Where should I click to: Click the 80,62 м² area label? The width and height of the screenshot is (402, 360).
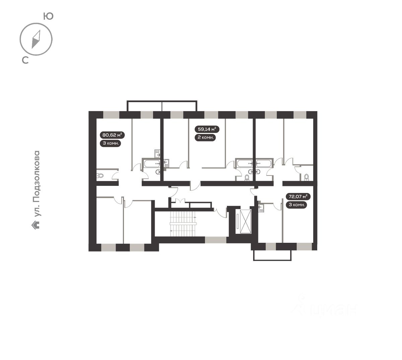[x=112, y=135]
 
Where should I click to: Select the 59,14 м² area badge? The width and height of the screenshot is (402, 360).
[x=207, y=129]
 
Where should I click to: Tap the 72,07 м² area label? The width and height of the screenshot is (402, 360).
[x=298, y=197]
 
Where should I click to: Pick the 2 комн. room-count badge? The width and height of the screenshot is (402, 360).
[x=205, y=137]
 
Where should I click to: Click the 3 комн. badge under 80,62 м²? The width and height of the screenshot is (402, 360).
[x=111, y=143]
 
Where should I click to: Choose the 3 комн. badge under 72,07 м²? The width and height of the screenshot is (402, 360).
[x=296, y=205]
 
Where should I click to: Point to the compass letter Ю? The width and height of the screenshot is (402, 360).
[x=49, y=16]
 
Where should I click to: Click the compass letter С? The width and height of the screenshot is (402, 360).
[x=25, y=60]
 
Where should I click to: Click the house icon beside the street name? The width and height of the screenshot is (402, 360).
[x=36, y=225]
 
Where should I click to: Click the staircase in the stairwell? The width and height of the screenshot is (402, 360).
[x=183, y=224]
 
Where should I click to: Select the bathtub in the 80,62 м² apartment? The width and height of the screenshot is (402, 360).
[x=152, y=164]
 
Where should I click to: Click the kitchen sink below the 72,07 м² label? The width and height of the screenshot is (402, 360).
[x=261, y=208]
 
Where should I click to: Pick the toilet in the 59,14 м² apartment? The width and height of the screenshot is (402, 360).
[x=247, y=178]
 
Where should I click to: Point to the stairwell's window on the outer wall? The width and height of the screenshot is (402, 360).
[x=215, y=240]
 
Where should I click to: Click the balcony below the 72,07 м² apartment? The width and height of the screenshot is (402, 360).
[x=272, y=255]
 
